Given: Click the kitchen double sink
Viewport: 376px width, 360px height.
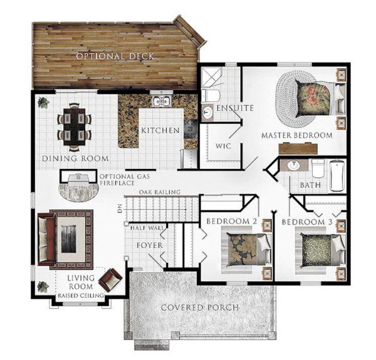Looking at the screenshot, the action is pyautogui.click(x=162, y=101).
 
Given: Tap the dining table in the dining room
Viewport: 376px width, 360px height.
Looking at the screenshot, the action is pyautogui.click(x=75, y=127).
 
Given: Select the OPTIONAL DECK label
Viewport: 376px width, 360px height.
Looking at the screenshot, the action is pyautogui.click(x=115, y=56).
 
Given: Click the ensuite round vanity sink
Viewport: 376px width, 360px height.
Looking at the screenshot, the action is pyautogui.click(x=207, y=112).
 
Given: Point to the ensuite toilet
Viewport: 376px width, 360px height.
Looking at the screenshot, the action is pyautogui.click(x=211, y=95).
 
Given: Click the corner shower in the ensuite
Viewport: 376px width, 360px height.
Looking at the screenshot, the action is pyautogui.click(x=212, y=77).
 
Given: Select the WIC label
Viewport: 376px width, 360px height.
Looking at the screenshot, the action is pyautogui.click(x=223, y=146).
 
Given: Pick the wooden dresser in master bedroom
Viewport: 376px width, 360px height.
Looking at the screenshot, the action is pyautogui.click(x=298, y=148).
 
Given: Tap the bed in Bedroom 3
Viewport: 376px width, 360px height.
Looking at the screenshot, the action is pyautogui.click(x=323, y=250).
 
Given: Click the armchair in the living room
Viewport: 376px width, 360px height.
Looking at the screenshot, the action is pyautogui.click(x=110, y=279).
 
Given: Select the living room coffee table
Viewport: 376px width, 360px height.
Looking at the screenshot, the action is pyautogui.click(x=68, y=239).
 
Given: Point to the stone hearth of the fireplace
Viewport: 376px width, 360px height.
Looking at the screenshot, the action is pyautogui.click(x=79, y=192).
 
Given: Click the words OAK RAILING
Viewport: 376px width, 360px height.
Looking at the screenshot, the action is pyautogui.click(x=159, y=192).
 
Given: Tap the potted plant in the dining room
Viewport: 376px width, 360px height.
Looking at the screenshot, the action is pyautogui.click(x=43, y=103).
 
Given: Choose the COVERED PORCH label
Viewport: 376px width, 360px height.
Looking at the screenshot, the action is pyautogui.click(x=200, y=307).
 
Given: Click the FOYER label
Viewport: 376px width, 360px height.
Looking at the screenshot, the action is pyautogui.click(x=150, y=245).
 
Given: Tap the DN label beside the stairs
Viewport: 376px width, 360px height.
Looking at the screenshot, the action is pyautogui.click(x=120, y=208).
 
